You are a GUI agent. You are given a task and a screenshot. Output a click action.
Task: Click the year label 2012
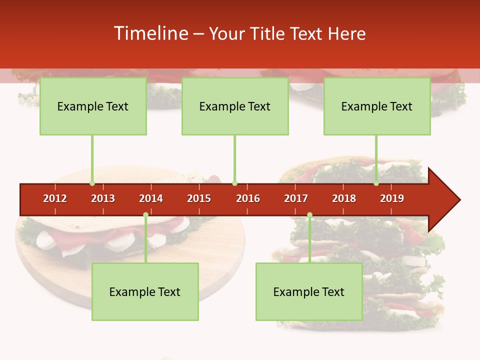[x=55, y=198]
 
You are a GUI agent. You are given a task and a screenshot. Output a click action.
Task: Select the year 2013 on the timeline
[x=103, y=198]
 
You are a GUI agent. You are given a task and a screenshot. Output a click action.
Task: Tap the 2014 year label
[x=151, y=198]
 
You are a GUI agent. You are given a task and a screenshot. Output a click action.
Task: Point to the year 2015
[x=199, y=198]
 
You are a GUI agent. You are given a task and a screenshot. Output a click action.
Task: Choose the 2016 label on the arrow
[x=248, y=198]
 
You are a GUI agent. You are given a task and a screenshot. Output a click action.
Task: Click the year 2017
[x=296, y=198]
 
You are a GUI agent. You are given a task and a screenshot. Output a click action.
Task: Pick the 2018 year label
[x=344, y=198]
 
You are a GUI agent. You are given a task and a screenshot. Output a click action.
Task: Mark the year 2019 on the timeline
[x=392, y=198]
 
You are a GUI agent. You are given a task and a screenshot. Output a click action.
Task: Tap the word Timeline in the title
[x=149, y=33]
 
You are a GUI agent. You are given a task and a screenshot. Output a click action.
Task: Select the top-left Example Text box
[x=93, y=106]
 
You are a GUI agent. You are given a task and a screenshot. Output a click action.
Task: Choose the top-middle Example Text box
[x=235, y=106]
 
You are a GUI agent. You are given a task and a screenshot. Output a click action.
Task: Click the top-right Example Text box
[x=377, y=106]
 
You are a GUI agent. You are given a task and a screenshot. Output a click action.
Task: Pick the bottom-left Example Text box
[x=145, y=291]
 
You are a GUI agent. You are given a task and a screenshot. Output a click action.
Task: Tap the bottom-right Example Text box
[x=309, y=291]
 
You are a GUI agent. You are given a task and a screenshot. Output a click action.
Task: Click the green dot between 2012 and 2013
[x=92, y=183]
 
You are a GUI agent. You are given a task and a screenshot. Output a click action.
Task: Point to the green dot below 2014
[x=145, y=215]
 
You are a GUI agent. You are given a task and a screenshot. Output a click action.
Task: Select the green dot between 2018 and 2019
[x=376, y=183]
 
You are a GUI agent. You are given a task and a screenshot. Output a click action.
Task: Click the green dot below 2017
[x=309, y=215]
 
